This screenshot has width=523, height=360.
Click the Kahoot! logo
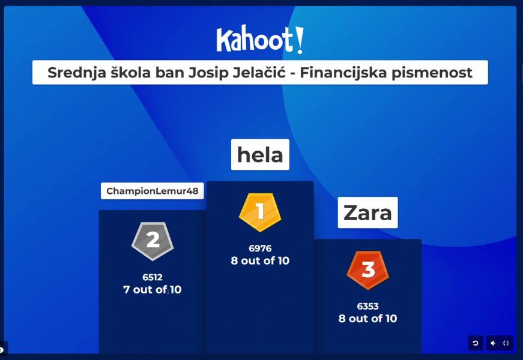260,39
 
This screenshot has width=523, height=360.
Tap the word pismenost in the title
432,73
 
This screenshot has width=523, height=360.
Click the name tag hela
260,155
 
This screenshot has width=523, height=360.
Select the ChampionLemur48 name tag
153,191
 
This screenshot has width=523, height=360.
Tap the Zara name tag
367,212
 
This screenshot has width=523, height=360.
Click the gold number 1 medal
260,212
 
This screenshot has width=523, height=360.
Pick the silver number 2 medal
153,241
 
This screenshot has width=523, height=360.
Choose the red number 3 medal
368,270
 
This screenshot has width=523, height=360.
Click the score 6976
260,248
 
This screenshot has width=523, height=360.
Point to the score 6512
153,277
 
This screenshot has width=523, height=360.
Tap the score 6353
368,307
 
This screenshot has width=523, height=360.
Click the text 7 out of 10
153,290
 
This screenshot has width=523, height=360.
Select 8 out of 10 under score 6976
260,260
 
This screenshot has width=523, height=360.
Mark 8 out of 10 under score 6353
368,319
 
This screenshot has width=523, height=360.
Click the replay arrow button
476,343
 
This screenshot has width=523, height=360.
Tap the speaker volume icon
493,343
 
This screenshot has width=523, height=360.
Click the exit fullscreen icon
506,343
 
